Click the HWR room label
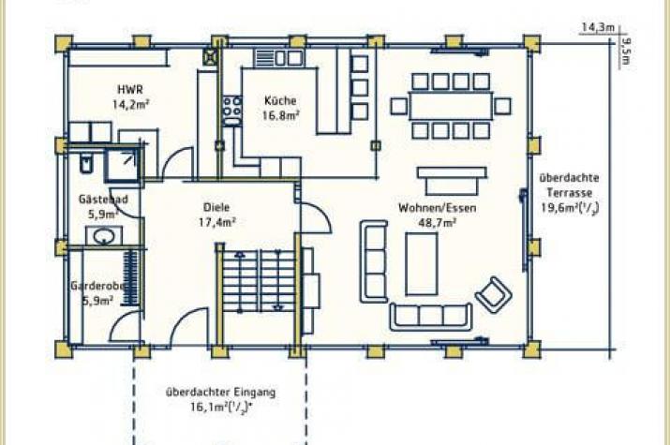(130, 90)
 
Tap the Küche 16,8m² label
(280, 108)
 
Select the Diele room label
(216, 208)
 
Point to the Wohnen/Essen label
(437, 208)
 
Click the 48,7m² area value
(437, 223)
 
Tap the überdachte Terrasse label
(569, 185)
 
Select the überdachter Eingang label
(220, 392)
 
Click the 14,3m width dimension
(597, 27)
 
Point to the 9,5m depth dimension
(626, 51)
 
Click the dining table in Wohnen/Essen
(451, 106)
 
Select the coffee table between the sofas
(422, 263)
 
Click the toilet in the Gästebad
(86, 163)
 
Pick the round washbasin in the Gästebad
(104, 236)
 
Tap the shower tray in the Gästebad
(122, 165)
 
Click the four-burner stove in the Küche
(231, 106)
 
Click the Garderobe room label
(97, 286)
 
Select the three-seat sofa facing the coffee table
(431, 317)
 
